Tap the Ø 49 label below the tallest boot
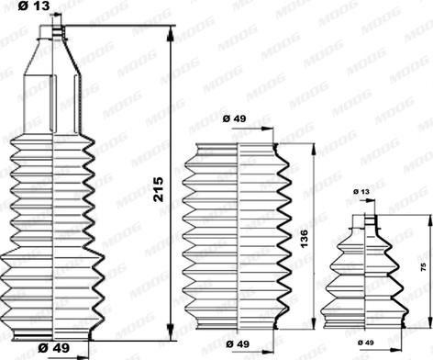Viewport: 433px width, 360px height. (x=55, y=348)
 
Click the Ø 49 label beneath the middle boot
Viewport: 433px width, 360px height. (x=238, y=343)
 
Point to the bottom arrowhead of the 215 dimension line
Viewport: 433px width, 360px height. (x=171, y=332)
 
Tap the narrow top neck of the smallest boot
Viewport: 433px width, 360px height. (x=370, y=219)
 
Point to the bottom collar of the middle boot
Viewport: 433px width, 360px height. (x=238, y=324)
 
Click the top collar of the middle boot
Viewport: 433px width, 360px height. (x=238, y=150)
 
